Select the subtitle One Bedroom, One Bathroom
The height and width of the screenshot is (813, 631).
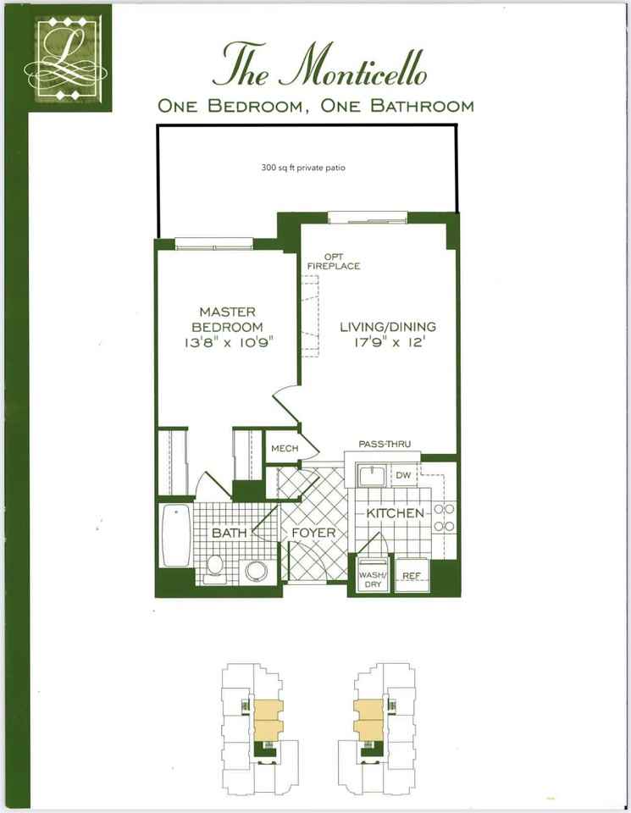point(315,106)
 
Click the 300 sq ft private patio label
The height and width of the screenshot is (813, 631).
point(303,168)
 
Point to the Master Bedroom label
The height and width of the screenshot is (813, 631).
point(227,319)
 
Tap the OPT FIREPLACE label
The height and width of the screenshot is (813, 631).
point(339,261)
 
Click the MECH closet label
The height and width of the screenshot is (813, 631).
point(285,448)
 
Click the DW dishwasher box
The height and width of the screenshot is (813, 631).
point(403,476)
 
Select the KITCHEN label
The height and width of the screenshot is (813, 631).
point(395,513)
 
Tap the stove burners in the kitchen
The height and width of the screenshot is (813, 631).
point(445,517)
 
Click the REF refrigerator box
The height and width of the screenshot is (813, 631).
point(412,576)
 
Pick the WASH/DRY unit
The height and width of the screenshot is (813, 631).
point(371,576)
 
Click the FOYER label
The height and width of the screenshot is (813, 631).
point(314,534)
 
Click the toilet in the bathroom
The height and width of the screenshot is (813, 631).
point(215,566)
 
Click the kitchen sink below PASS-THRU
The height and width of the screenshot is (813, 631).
point(370,477)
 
